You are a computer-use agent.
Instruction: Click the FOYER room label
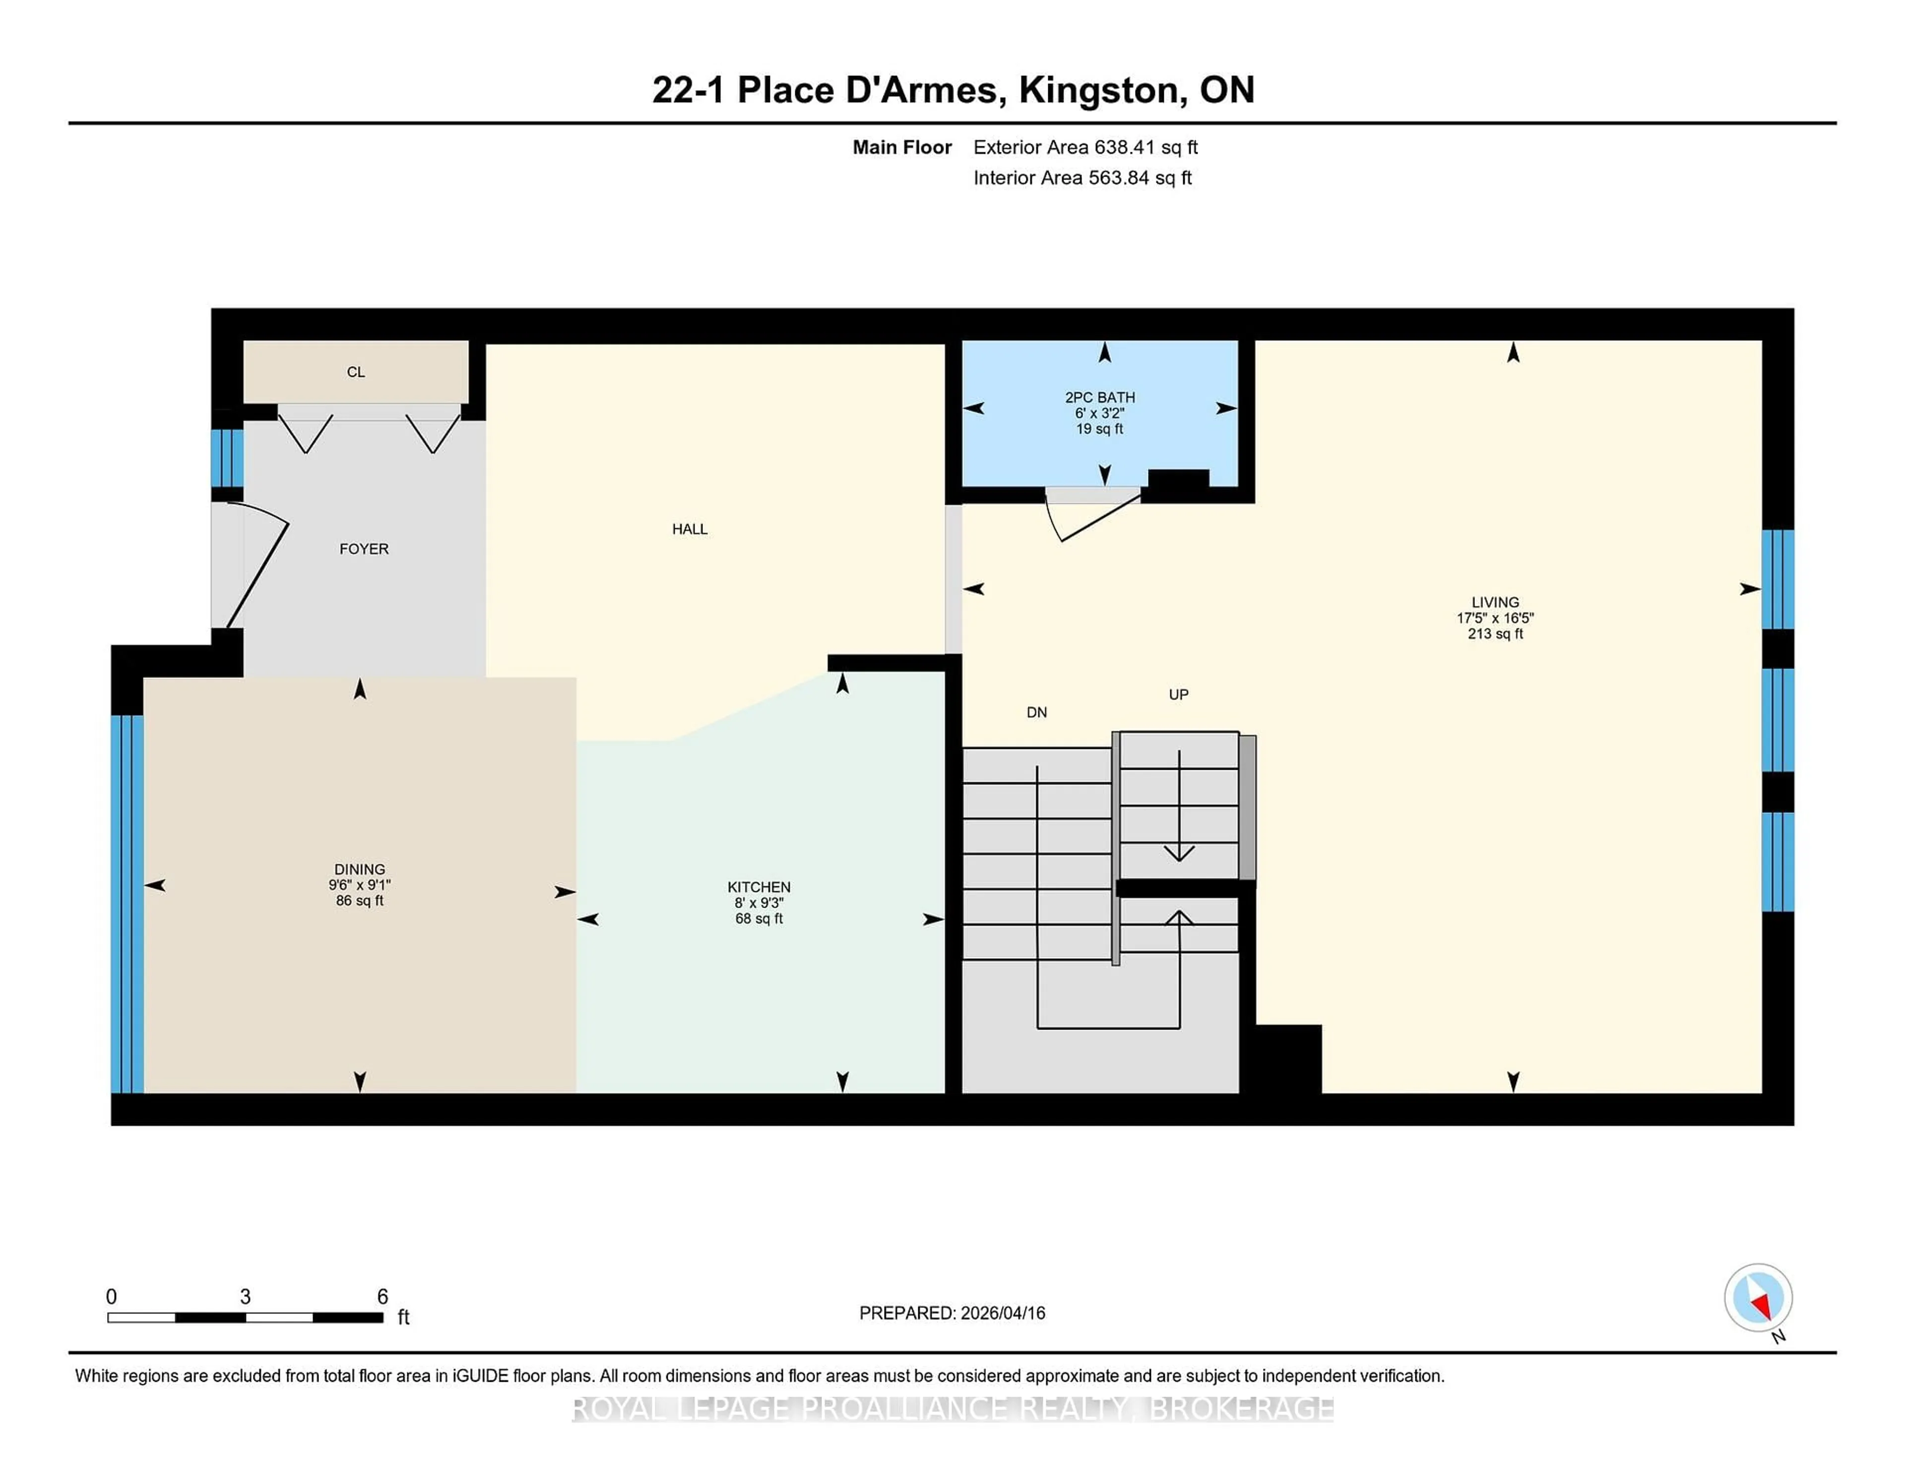pos(364,549)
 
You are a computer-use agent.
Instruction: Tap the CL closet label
pos(356,372)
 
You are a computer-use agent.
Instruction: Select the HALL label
pos(689,529)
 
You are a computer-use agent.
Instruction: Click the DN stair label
pos(1036,713)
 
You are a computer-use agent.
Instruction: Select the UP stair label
pos(1178,695)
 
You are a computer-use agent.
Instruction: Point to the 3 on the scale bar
pos(245,1297)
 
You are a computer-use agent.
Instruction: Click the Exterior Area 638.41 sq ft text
pos(1085,147)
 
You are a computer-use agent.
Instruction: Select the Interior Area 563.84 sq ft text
pos(1081,178)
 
